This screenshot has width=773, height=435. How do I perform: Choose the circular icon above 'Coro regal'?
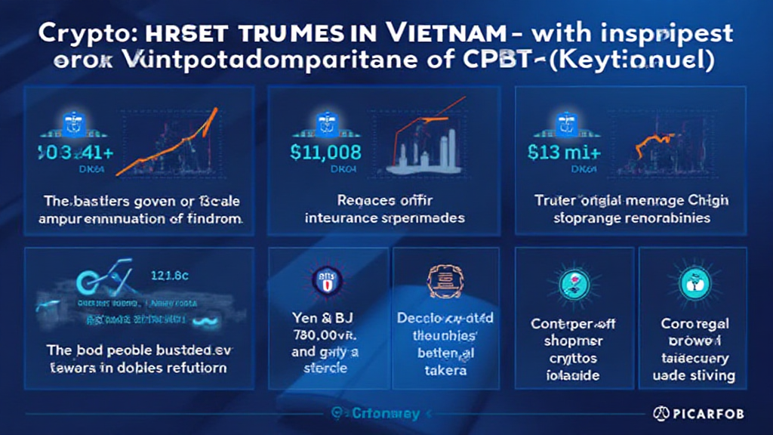pyautogui.click(x=691, y=283)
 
